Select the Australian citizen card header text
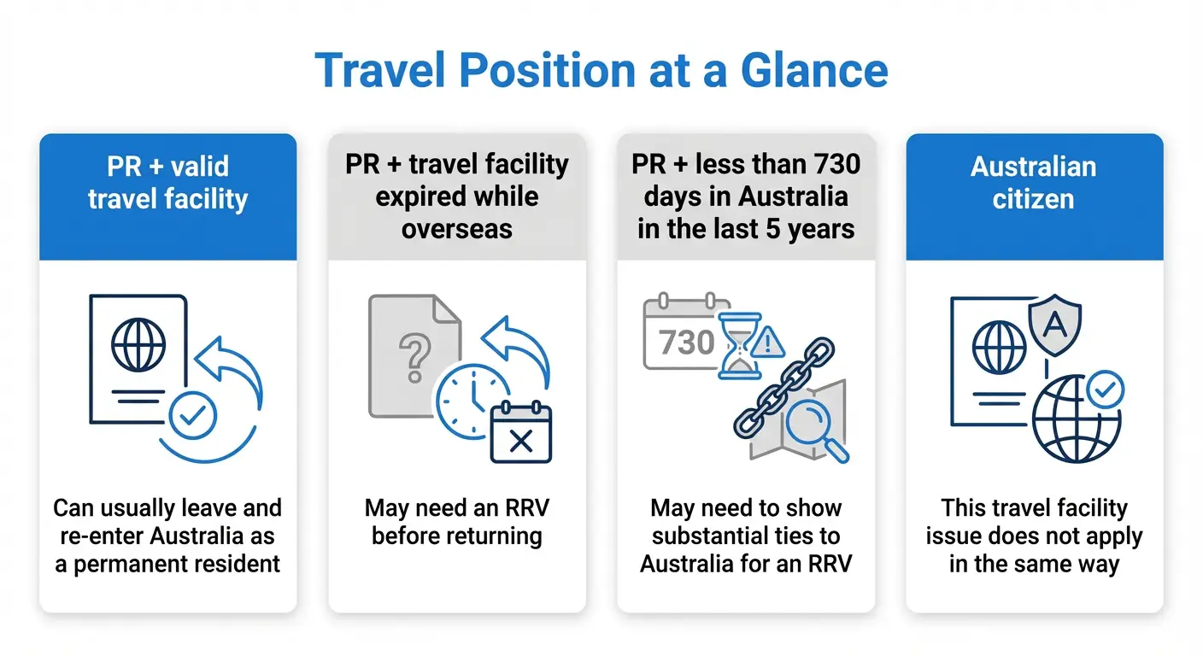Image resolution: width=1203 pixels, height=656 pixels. coord(1034,183)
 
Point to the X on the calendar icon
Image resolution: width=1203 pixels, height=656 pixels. coord(520,441)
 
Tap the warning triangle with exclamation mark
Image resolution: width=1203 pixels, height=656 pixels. coord(770,343)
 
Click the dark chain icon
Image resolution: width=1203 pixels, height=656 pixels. coord(784,389)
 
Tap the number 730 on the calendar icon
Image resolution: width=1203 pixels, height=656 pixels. coord(687,343)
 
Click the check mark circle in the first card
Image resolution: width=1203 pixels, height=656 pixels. coord(193,415)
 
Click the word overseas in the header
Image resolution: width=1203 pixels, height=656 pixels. coord(456,229)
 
